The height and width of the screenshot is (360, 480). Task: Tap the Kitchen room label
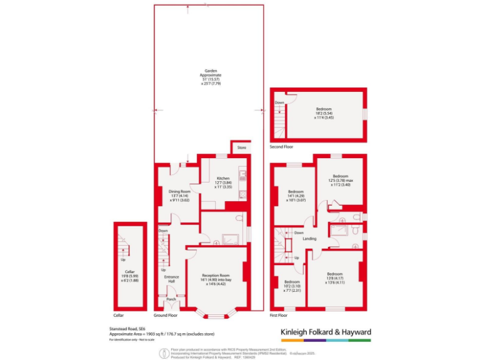click(x=224, y=178)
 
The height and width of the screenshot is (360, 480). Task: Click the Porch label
click(x=171, y=299)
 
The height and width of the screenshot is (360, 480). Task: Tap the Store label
click(x=241, y=147)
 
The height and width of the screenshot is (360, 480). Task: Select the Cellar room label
click(x=130, y=271)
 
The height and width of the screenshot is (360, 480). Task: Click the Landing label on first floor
click(x=309, y=239)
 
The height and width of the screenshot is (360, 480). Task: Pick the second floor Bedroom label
click(x=323, y=109)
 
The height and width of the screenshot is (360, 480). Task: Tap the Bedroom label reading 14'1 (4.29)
click(x=296, y=191)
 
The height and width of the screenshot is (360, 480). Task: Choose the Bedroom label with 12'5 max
click(x=340, y=176)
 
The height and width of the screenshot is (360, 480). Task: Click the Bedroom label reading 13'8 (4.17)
click(x=335, y=274)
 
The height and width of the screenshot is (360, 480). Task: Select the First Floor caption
click(x=281, y=315)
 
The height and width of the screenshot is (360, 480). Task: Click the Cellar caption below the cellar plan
click(x=119, y=315)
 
